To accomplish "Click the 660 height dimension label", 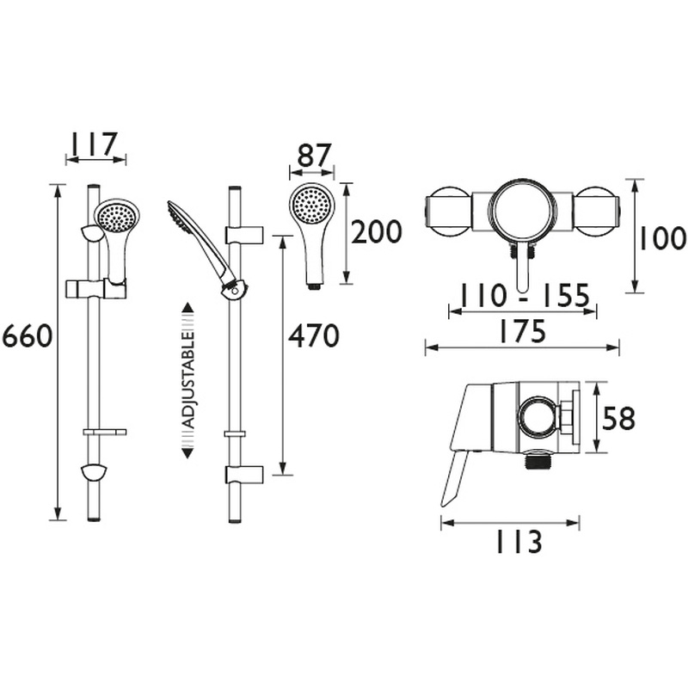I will pos(27,336).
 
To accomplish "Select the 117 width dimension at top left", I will pos(95,144).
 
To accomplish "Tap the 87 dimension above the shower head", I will pos(314,156).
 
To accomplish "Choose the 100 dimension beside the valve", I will pos(664,238).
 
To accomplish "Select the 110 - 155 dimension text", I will pos(525,297).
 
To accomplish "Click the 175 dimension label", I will pos(522,332).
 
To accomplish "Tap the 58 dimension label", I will pos(617,419).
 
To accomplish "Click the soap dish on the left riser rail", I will pos(105,433).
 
